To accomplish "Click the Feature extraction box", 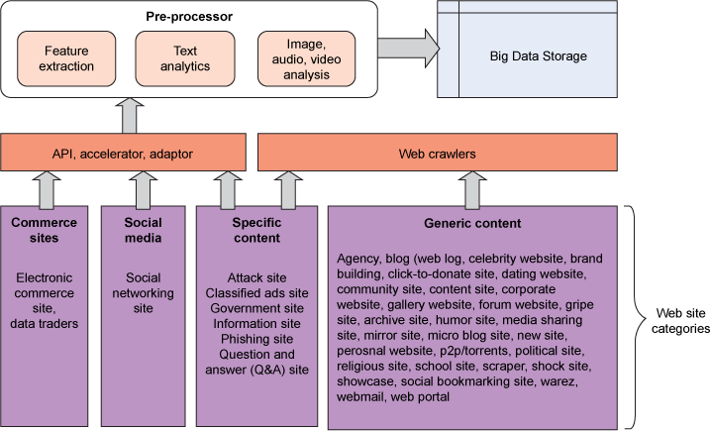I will tap(69, 57).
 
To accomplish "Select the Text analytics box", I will tap(185, 57).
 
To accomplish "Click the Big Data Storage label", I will tap(538, 56).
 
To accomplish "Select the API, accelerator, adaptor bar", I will tap(122, 154).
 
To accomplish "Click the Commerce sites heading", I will tap(44, 231).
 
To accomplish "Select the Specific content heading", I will tap(256, 231).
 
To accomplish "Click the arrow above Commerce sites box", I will tap(43, 188).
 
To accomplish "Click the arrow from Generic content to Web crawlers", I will tap(473, 188).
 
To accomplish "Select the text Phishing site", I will tap(256, 338).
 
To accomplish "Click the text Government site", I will tap(256, 308).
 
